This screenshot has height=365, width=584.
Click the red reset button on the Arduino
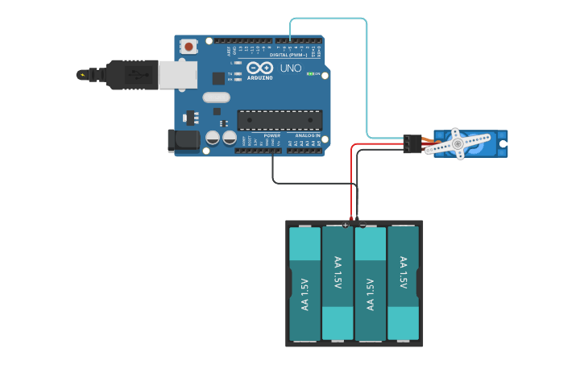tap(188, 47)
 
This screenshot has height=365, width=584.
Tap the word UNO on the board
tap(290, 68)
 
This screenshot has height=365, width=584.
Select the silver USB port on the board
tap(177, 75)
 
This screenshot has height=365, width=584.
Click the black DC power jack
tap(184, 140)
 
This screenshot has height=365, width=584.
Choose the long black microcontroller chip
tap(280, 120)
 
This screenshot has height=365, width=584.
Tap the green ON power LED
tap(311, 74)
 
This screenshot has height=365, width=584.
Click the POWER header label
tap(271, 135)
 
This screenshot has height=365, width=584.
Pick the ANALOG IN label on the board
tap(307, 135)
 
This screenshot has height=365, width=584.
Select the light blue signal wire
tap(367, 81)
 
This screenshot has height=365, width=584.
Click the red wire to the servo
tap(351, 177)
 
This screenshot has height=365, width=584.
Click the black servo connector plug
tap(412, 143)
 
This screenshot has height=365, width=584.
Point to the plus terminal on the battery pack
tap(346, 225)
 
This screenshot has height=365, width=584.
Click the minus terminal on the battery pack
tap(362, 225)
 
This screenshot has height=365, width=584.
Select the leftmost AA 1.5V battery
tap(305, 284)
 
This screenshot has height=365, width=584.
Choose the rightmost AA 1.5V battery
tap(403, 284)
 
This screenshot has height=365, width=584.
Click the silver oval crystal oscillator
tap(216, 97)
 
